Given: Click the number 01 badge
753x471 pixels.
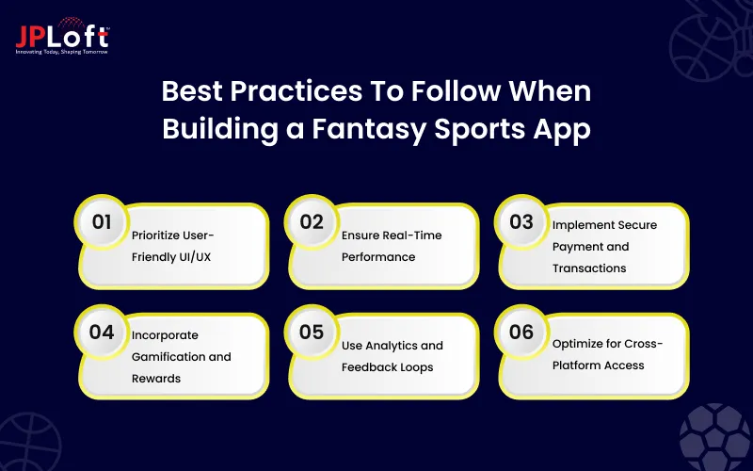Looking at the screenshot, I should [97, 222].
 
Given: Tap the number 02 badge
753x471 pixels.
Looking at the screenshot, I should [310, 222].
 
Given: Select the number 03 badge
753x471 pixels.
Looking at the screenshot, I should [521, 222].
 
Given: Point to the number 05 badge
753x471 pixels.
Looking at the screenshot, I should [310, 332].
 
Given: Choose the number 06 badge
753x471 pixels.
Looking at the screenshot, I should [521, 332].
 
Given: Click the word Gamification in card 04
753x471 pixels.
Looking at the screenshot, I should [168, 357].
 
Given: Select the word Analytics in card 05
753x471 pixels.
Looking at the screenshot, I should [409, 346].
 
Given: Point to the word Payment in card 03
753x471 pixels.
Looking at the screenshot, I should [578, 247].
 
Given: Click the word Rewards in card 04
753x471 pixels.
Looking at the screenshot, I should [155, 379].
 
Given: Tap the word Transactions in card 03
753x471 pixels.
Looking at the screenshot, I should [589, 268].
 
